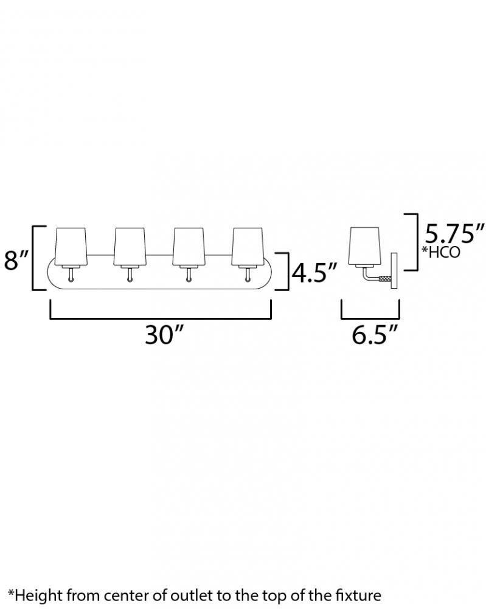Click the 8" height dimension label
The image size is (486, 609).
coord(16,260)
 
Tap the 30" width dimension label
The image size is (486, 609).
coord(164,334)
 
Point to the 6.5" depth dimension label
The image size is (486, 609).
coord(375,334)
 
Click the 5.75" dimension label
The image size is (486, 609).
coord(454,233)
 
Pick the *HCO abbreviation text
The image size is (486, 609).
coord(441,252)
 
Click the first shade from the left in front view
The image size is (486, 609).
coord(71,247)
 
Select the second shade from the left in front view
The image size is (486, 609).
coord(129,247)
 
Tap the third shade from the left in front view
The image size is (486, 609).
coord(189,247)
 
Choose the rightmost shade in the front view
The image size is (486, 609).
coord(248,247)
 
